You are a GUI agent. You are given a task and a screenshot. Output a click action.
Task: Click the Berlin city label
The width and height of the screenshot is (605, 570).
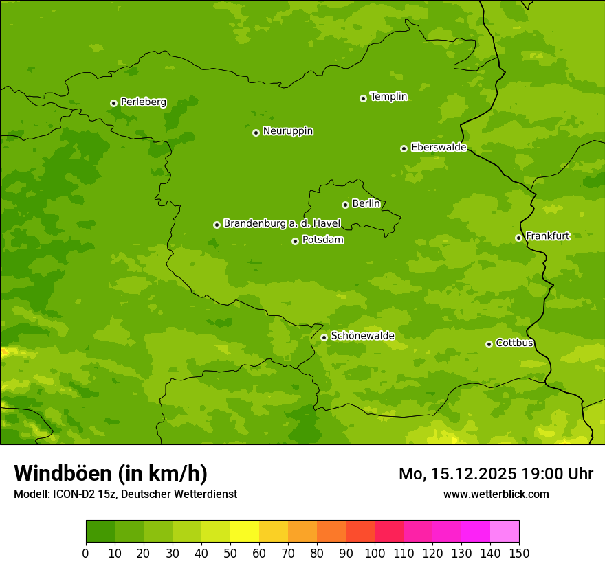366,203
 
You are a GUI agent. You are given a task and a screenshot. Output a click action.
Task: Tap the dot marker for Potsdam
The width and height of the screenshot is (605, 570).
295,241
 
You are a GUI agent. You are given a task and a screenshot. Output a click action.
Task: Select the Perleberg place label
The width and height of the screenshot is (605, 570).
143,102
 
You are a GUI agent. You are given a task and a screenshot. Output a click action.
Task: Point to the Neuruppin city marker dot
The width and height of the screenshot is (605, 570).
256,133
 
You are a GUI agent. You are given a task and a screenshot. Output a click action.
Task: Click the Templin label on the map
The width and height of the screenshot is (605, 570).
388,97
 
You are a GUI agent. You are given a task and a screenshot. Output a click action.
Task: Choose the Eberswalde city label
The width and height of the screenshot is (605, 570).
439,147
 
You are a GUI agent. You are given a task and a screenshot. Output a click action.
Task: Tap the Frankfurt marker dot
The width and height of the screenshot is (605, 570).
518,238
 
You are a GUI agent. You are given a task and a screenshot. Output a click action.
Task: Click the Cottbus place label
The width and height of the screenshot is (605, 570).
514,343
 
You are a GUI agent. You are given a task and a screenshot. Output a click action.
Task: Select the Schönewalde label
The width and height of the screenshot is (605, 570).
362,336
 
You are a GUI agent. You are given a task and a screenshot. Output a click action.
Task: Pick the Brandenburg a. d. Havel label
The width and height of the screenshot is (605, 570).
282,223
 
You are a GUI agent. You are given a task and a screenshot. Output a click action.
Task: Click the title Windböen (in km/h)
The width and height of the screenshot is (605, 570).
111,473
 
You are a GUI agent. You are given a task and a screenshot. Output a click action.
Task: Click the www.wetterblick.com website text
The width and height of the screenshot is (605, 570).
496,494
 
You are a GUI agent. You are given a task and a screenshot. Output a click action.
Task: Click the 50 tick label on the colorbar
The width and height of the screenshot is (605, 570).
230,553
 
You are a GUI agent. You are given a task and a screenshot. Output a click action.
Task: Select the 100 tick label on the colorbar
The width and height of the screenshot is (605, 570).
375,553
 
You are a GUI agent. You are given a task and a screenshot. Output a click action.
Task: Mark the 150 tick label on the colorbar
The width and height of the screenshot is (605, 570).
519,553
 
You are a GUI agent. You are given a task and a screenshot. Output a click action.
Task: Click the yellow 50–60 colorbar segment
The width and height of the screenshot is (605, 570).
245,532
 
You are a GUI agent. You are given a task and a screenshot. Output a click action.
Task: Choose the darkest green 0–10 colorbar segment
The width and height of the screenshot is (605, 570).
100,532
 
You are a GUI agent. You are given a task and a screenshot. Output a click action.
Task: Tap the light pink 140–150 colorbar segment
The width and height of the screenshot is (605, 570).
505,532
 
